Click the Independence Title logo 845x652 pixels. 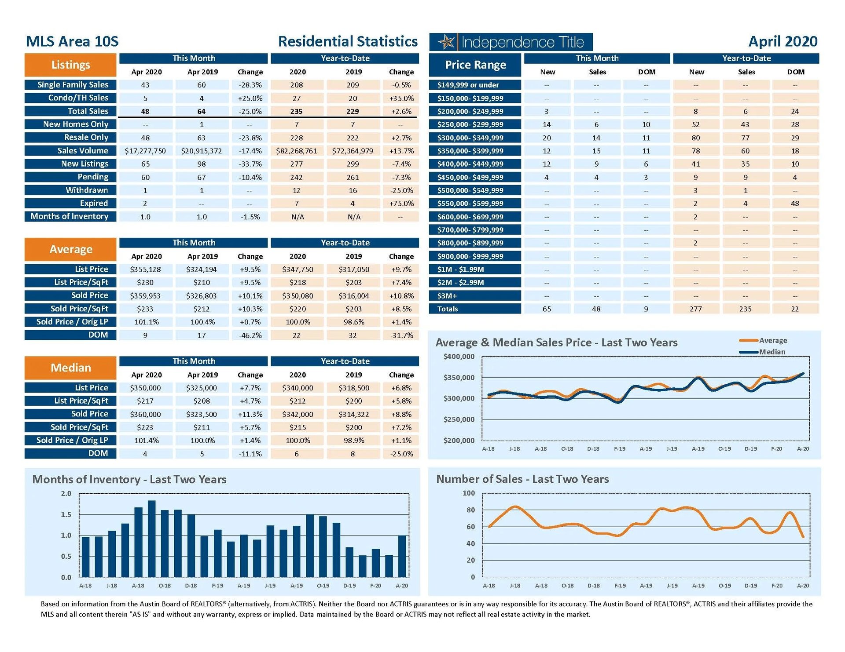[511, 42]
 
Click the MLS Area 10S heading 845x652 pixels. [72, 41]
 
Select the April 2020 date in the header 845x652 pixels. [783, 41]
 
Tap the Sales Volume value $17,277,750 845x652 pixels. [145, 151]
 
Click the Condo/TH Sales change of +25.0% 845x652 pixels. [250, 98]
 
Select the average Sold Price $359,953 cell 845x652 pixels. [145, 296]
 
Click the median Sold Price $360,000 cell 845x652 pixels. [145, 414]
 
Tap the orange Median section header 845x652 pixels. [70, 368]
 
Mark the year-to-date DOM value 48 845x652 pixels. [795, 204]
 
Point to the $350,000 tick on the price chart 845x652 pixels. [459, 378]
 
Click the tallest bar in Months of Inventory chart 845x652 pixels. [151, 539]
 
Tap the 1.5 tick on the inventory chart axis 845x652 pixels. [66, 514]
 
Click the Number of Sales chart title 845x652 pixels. [522, 479]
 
